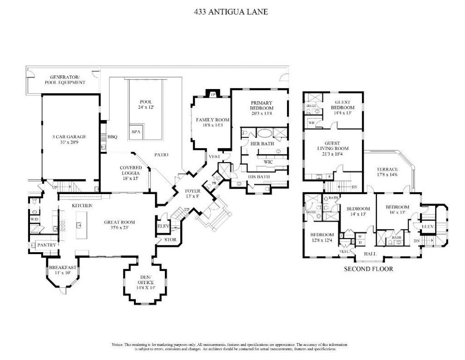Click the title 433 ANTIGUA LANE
[x=231, y=12]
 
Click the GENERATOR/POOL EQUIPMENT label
[x=65, y=80]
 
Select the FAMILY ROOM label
[x=213, y=120]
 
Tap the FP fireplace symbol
[x=212, y=95]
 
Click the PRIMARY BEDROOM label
[x=262, y=105]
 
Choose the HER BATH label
[x=261, y=144]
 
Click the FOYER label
[x=192, y=191]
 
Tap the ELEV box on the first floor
[x=163, y=226]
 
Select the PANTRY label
[x=47, y=245]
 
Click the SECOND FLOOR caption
[x=368, y=269]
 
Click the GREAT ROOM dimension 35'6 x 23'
[x=119, y=228]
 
